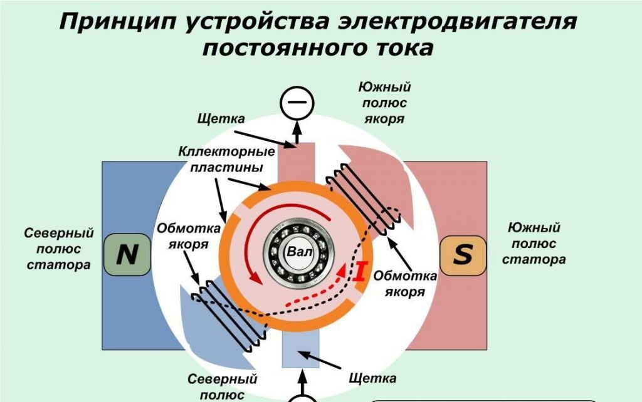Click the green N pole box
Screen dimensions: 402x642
pos(128,255)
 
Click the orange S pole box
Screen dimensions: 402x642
pos(463,255)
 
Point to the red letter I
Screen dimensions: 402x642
pos(360,272)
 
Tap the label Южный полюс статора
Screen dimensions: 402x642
pos(534,243)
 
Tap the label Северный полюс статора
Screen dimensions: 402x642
pos(58,249)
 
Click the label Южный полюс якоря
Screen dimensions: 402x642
pos(384,103)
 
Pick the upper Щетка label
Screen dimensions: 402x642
pos(220,118)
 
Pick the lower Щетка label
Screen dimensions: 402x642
pos(372,378)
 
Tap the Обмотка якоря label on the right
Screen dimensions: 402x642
pos(405,283)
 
